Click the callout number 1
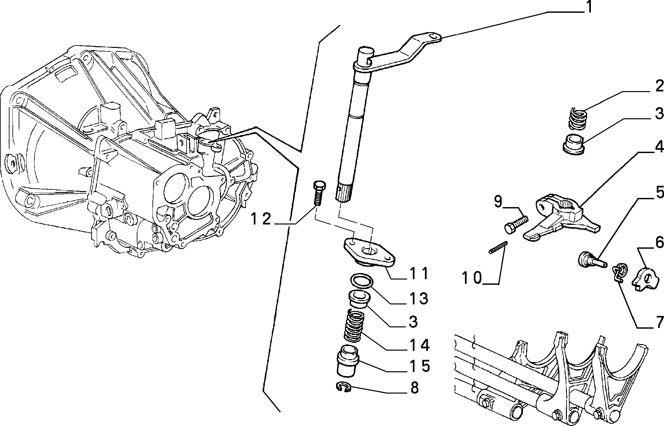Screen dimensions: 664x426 [x=589, y=7]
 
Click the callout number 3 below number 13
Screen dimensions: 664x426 [x=413, y=322]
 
